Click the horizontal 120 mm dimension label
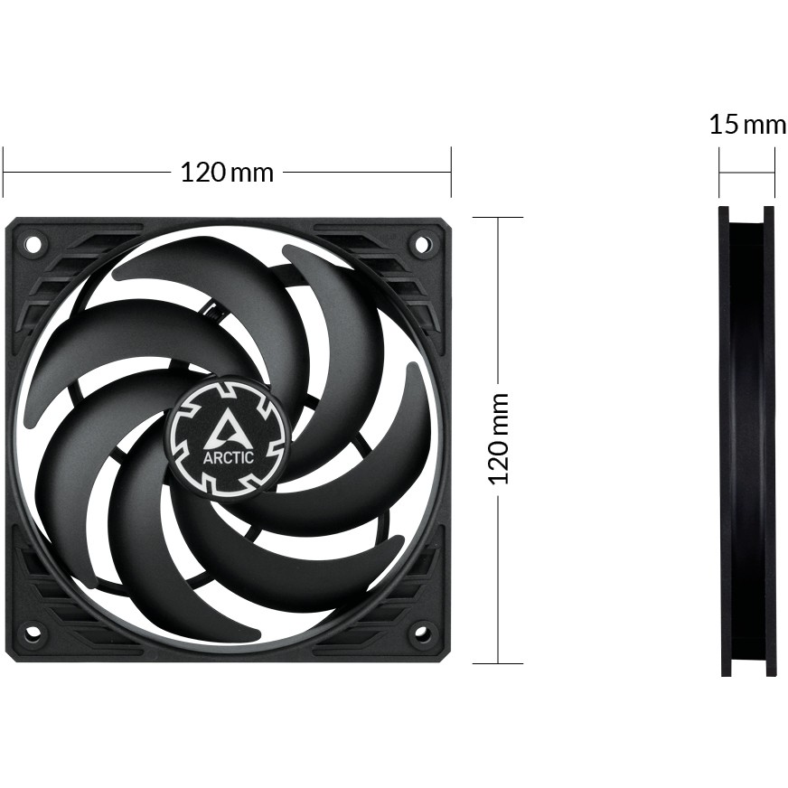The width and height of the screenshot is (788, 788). coord(227,172)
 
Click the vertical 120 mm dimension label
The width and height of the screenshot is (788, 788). coord(498,438)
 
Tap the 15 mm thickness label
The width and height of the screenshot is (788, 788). coord(746,124)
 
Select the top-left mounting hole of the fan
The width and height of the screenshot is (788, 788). coord(33,243)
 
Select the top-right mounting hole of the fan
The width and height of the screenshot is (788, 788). coord(421,242)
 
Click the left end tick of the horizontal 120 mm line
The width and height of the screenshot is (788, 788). coord(4,172)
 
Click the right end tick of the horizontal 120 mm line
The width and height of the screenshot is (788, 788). coord(450,172)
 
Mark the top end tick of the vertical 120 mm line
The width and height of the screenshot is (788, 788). coord(498,218)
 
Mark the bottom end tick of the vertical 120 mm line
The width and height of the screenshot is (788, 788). coord(498,662)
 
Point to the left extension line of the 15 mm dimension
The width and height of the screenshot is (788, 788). coord(719,174)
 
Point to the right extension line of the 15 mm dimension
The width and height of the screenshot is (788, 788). coord(774,174)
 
